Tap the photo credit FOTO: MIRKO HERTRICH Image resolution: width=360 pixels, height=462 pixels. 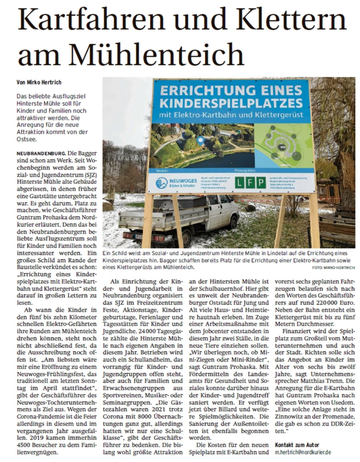333,268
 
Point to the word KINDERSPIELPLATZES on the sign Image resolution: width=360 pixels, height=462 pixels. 230,103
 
